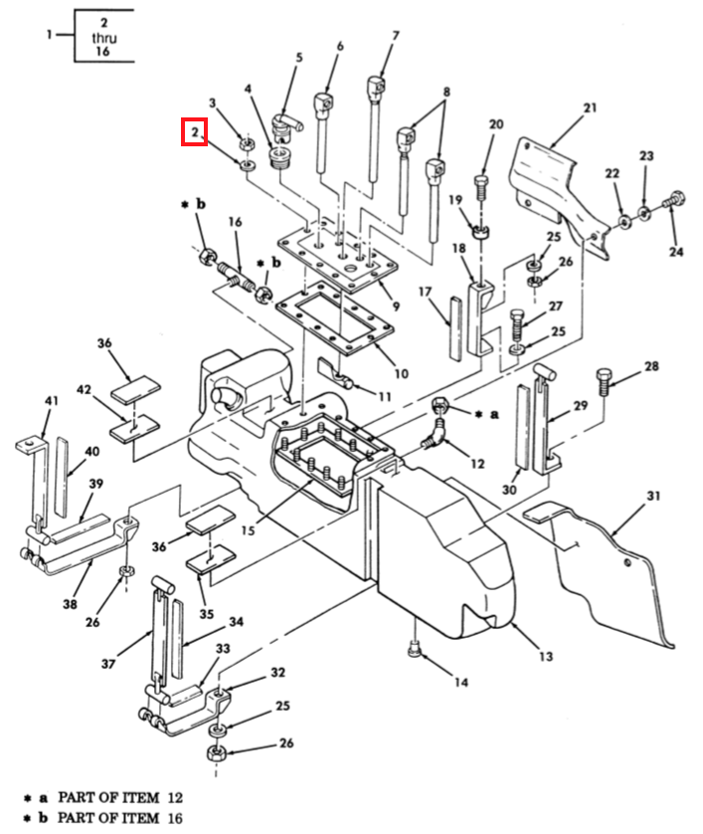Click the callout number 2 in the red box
coord(195,132)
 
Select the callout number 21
coord(590,107)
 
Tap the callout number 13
coord(546,656)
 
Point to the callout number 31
coord(653,496)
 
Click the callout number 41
coord(51,400)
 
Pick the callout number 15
coord(248,530)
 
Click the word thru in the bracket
coord(104,38)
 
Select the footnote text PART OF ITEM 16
coord(119,817)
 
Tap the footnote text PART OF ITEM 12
coord(120,798)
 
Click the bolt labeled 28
coord(605,380)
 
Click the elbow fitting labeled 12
coord(434,435)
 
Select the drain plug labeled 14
coord(415,649)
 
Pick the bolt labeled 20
coord(480,187)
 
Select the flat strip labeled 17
coord(455,327)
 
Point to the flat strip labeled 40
coord(63,477)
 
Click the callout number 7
coord(396,36)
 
